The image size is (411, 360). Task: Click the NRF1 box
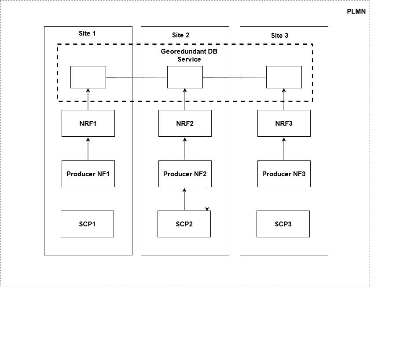click(x=88, y=124)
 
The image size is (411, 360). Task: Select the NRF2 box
click(x=185, y=124)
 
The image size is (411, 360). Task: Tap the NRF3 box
click(x=284, y=124)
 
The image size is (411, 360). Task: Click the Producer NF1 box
click(x=88, y=174)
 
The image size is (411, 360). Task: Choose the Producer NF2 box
click(x=185, y=174)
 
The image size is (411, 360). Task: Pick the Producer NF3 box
click(x=284, y=174)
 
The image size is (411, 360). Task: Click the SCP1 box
click(x=87, y=224)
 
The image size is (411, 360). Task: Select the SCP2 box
click(x=184, y=224)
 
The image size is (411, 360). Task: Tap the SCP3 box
click(x=283, y=224)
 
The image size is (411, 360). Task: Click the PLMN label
click(x=356, y=12)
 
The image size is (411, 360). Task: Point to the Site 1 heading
click(x=87, y=33)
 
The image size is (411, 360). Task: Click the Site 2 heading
click(x=180, y=35)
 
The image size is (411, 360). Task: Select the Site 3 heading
click(x=279, y=35)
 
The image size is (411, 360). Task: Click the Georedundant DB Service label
click(x=189, y=55)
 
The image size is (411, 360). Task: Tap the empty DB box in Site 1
click(x=88, y=77)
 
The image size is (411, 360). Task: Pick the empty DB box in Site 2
click(x=185, y=77)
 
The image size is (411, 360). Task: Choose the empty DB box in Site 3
click(x=284, y=77)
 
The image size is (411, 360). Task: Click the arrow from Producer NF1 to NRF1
click(x=88, y=149)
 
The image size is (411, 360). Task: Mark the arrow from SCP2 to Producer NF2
click(x=185, y=199)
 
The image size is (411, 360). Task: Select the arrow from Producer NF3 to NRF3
click(x=284, y=149)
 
